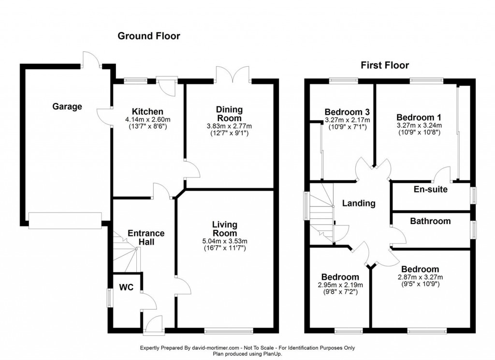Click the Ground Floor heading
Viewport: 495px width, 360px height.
(149, 36)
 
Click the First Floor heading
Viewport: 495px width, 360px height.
(384, 65)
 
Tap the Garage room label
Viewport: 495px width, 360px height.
(67, 106)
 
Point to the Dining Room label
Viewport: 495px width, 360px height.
(230, 114)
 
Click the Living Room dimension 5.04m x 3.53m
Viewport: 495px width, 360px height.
(225, 241)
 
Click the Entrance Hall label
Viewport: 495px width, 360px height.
(146, 237)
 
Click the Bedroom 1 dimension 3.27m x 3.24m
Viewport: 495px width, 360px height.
(419, 125)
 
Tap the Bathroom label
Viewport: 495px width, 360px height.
(430, 221)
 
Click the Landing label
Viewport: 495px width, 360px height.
(359, 203)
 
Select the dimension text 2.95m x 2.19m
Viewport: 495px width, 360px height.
(340, 285)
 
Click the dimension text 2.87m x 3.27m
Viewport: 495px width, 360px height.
(420, 277)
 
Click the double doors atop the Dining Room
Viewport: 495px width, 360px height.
(233, 74)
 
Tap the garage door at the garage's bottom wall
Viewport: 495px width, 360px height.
(65, 220)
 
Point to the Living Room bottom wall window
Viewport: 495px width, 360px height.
(229, 331)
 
